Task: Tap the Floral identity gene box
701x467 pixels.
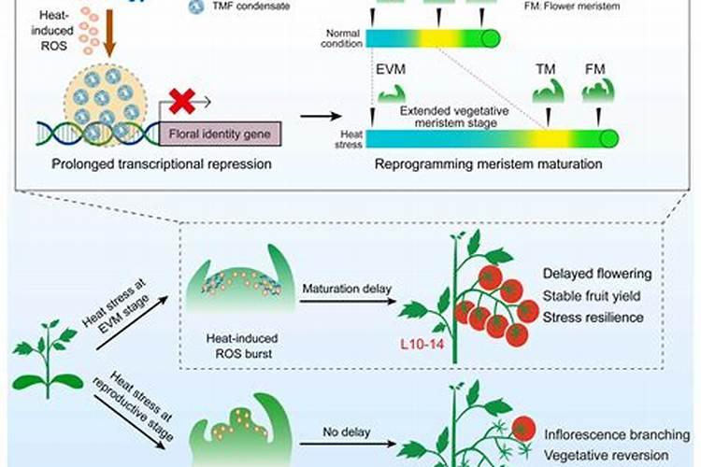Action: [221, 134]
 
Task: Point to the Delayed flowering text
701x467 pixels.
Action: [610, 274]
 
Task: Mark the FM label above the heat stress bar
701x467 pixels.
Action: [594, 71]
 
